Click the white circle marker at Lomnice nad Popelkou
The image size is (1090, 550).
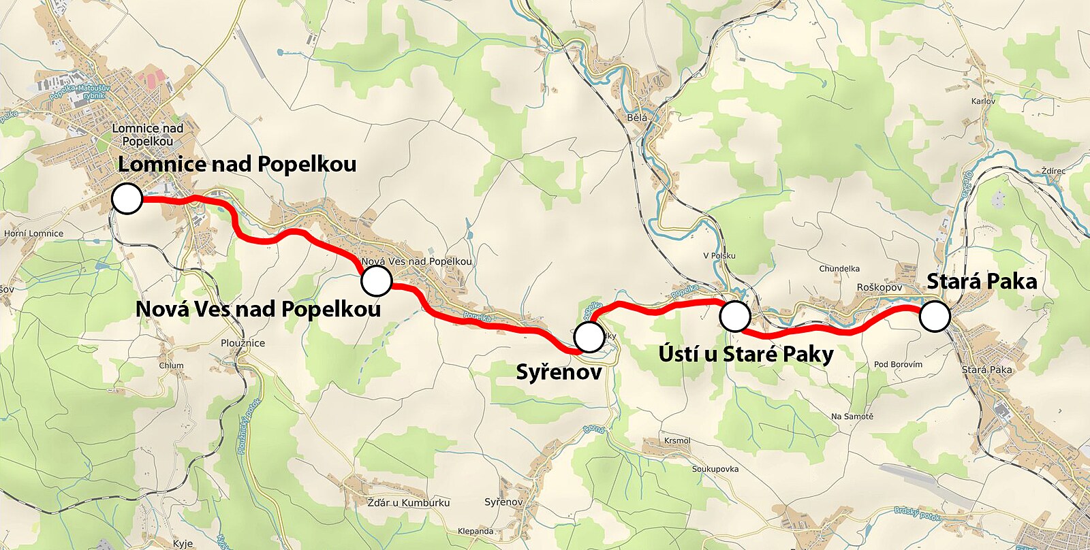point(127,199)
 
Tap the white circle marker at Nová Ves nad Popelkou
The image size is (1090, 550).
point(376,280)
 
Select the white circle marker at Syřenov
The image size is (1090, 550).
point(589,336)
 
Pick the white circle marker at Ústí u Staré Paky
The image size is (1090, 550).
point(735,316)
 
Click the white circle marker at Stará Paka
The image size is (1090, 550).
point(935,317)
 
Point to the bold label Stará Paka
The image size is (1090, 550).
point(982,281)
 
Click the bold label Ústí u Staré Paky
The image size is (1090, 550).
point(746,354)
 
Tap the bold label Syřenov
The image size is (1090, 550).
point(559,372)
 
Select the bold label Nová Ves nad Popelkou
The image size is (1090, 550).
point(258,309)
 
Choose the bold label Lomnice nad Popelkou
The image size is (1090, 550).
point(237,164)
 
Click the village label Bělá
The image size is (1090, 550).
point(637,118)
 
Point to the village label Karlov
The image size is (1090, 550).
point(983,101)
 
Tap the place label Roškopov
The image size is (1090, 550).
point(879,287)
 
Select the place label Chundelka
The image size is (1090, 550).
point(839,269)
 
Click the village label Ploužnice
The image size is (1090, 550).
point(243,343)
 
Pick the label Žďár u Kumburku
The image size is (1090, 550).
point(409,502)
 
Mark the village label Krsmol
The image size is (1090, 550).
point(677,440)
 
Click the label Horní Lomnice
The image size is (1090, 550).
point(34,233)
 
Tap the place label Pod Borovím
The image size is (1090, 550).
point(898,364)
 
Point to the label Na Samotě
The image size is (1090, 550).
point(852,416)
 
